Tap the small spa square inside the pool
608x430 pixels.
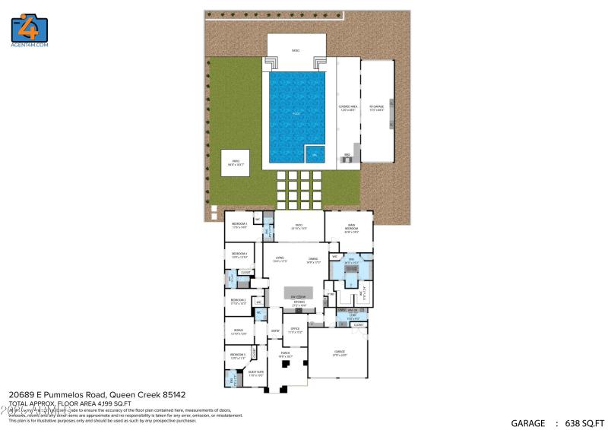(x=315, y=154)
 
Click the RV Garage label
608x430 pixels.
(x=377, y=108)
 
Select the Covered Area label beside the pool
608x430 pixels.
(x=347, y=108)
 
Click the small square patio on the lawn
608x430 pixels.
(x=236, y=163)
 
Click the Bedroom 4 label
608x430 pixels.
(x=240, y=255)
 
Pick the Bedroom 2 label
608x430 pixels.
(x=239, y=301)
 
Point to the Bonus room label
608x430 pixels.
(x=239, y=331)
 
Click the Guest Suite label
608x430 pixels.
(x=256, y=373)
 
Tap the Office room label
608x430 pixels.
(x=296, y=330)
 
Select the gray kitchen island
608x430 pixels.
(x=299, y=293)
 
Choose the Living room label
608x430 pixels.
(x=279, y=259)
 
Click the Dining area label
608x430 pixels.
(x=312, y=259)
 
